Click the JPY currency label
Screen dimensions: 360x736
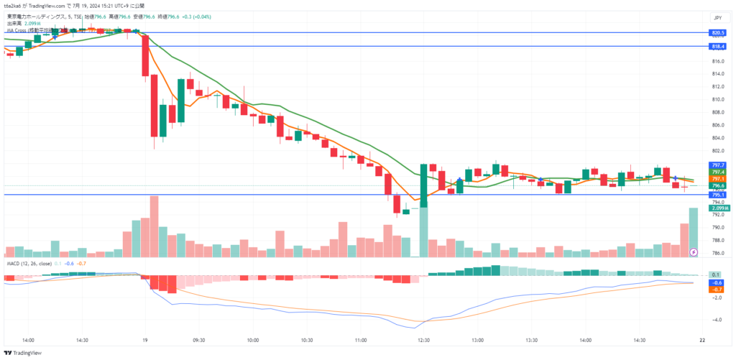pos(717,17)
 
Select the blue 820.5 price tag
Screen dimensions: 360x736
pos(717,33)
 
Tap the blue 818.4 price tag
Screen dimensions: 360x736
pos(717,46)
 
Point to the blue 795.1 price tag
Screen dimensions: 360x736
pos(717,195)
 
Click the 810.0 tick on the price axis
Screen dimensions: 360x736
pos(716,99)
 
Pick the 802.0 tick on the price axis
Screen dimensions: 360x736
pos(716,151)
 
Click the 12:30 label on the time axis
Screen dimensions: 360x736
pos(423,341)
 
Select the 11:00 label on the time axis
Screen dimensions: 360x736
pos(361,341)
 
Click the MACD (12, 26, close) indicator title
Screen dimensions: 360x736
pos(32,263)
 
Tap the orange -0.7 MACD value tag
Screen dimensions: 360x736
pos(716,289)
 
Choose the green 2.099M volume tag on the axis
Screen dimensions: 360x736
pos(716,208)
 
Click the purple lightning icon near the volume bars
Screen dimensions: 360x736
pos(693,252)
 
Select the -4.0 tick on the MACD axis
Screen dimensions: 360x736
pos(716,320)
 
